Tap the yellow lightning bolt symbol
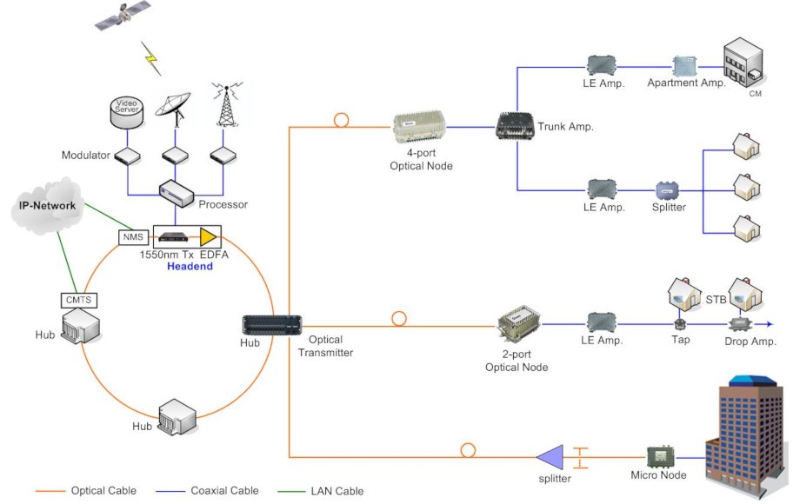[152, 59]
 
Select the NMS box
[133, 236]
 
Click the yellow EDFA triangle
[208, 236]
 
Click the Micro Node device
[662, 456]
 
